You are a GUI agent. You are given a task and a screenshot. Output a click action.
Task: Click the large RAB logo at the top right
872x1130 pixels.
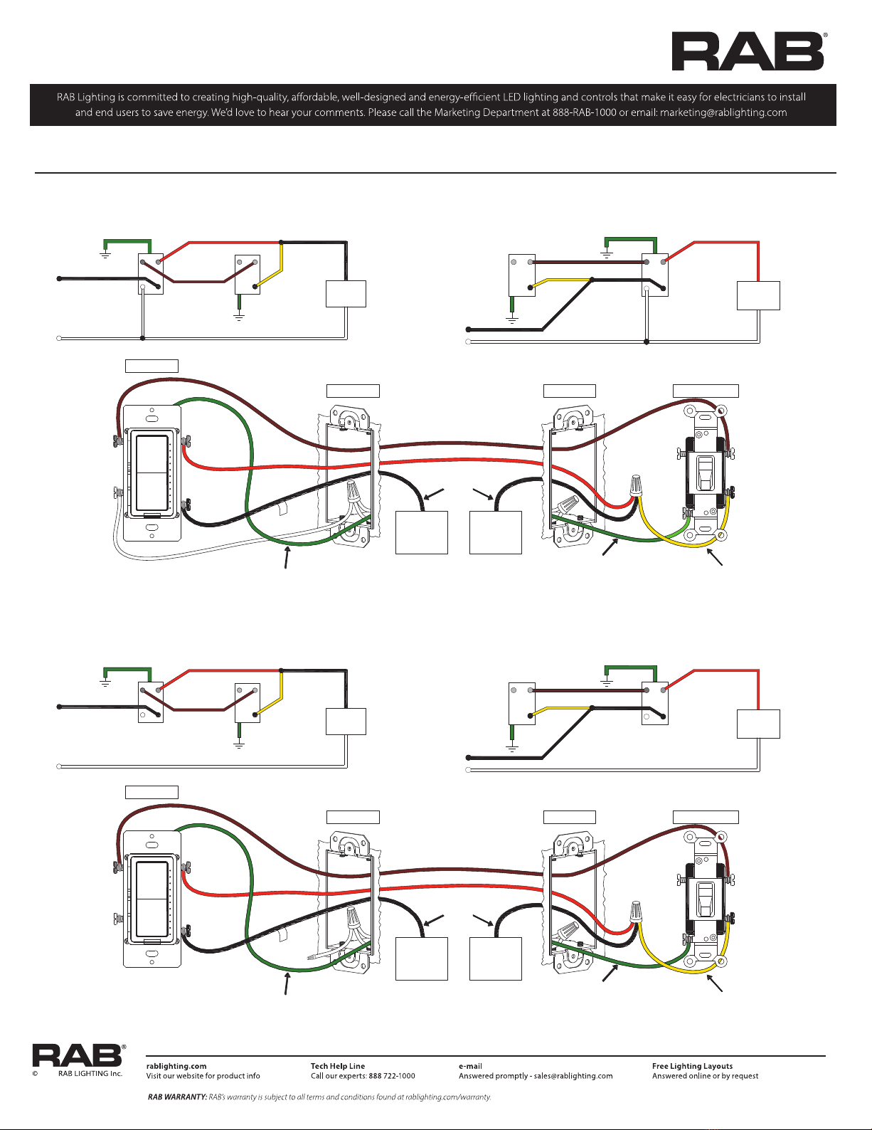[749, 51]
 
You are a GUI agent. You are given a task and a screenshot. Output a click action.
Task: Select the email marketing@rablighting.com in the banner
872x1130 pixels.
[723, 113]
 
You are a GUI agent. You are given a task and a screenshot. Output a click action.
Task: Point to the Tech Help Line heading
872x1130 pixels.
[338, 1066]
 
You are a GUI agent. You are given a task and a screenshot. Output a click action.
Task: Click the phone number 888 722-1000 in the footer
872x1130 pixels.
[392, 1076]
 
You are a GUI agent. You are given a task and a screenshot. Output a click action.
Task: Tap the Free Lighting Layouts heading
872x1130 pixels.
[692, 1066]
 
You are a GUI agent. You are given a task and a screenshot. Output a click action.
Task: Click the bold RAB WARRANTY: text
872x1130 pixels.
[177, 1097]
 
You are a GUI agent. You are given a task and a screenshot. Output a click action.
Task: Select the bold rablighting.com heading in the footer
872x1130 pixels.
[176, 1066]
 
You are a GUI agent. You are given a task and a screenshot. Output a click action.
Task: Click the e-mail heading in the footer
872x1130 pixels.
[470, 1066]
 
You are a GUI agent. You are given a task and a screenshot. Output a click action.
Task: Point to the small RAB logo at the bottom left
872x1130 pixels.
[79, 1055]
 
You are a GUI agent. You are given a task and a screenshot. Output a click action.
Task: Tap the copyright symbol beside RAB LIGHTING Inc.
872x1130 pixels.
[35, 1073]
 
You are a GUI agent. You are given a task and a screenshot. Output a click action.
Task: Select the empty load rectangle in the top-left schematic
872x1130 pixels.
[346, 294]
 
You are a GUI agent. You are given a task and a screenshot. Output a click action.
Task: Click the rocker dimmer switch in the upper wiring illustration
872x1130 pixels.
[151, 473]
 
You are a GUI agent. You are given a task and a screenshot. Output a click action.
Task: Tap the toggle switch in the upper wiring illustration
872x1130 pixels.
[705, 474]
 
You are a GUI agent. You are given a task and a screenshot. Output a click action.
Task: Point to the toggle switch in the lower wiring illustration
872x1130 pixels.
[705, 900]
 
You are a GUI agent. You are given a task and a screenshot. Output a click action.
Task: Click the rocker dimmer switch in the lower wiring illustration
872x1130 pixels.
[151, 899]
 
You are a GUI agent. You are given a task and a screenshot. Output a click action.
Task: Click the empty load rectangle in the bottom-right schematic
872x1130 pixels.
[758, 724]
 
